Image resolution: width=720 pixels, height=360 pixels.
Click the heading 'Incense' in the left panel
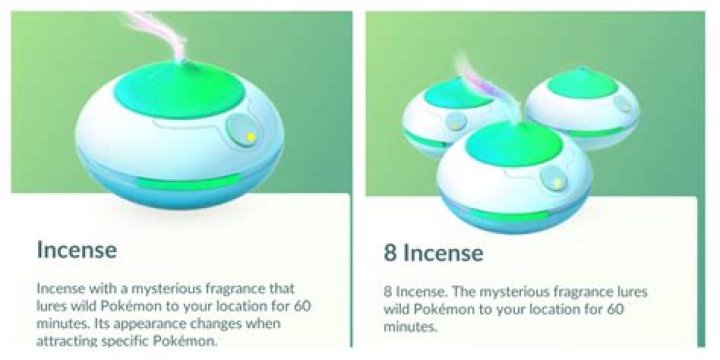[x=77, y=250]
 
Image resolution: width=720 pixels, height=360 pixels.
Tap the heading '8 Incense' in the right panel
[x=433, y=253]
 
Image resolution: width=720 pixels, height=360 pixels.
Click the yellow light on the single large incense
[x=251, y=136]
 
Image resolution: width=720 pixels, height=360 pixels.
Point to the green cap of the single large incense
[x=179, y=89]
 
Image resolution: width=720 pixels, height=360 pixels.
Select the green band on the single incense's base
[x=189, y=183]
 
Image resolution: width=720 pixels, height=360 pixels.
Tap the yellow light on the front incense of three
[x=557, y=182]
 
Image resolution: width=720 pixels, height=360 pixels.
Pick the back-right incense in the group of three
[x=583, y=107]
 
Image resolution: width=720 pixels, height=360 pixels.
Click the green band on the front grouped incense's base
[x=510, y=215]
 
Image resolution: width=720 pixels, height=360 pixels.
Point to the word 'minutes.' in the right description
[x=410, y=326]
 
